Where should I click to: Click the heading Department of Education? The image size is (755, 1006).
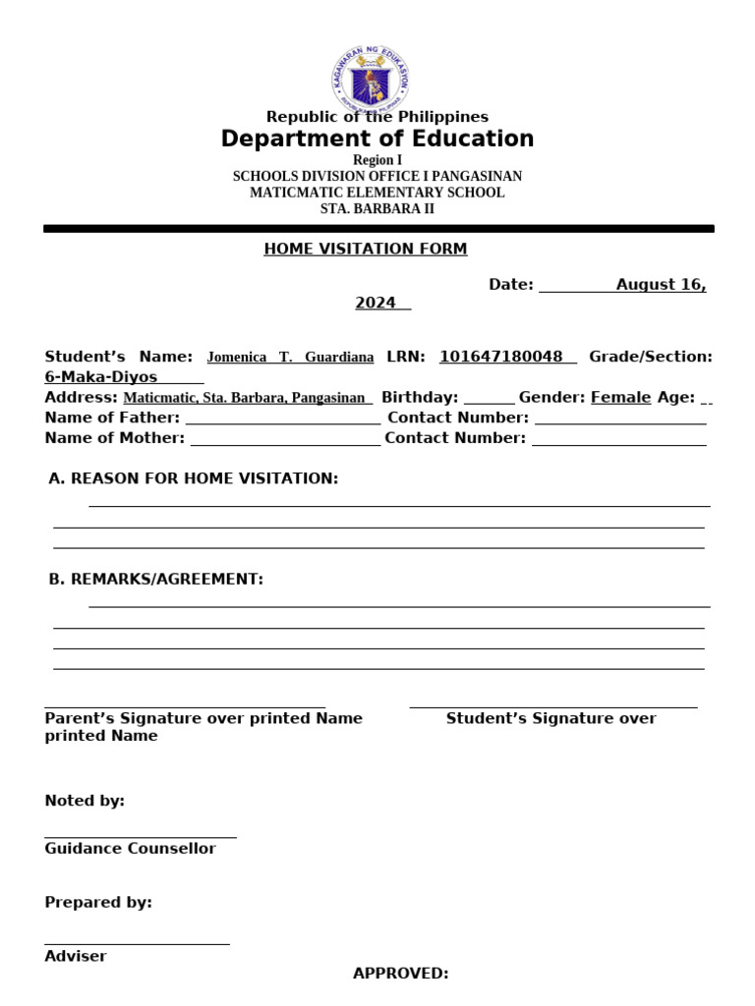[377, 139]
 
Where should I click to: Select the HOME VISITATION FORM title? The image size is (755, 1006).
[365, 249]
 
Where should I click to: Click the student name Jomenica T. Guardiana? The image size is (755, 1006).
[290, 358]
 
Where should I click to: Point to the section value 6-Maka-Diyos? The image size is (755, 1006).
[101, 377]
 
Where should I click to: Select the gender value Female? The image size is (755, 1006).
[620, 397]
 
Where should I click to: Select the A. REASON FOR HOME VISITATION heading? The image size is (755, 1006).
[194, 478]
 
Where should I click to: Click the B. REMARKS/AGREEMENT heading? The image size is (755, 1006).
[156, 580]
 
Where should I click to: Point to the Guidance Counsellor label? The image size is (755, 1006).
[130, 849]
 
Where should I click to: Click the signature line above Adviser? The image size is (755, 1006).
[137, 942]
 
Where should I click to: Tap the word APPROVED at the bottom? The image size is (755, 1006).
[400, 974]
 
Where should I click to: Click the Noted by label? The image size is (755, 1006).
[85, 801]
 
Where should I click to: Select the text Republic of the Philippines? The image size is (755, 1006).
[377, 117]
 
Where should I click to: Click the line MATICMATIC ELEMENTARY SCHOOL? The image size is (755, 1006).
[377, 193]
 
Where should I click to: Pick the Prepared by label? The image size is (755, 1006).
[98, 903]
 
